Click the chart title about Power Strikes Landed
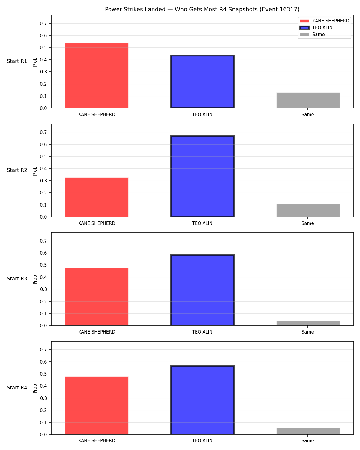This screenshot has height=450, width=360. (202, 9)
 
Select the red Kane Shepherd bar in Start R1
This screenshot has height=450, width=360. (97, 76)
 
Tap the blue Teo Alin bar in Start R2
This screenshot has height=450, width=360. (202, 176)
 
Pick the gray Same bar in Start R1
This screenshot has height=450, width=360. (308, 100)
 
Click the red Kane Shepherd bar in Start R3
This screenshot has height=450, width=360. (97, 296)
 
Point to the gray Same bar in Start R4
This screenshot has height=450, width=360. (308, 431)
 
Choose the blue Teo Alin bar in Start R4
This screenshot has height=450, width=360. (202, 400)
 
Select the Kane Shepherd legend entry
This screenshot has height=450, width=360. (324, 21)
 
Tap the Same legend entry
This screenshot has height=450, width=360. (312, 34)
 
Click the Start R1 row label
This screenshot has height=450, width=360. (17, 61)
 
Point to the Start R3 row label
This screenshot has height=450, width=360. (17, 279)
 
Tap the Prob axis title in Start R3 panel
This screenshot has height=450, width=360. (35, 280)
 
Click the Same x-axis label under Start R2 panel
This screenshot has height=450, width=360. (307, 223)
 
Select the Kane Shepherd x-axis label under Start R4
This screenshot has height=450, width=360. (97, 441)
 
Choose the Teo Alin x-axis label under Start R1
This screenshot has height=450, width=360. (202, 115)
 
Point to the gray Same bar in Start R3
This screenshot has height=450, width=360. (308, 323)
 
